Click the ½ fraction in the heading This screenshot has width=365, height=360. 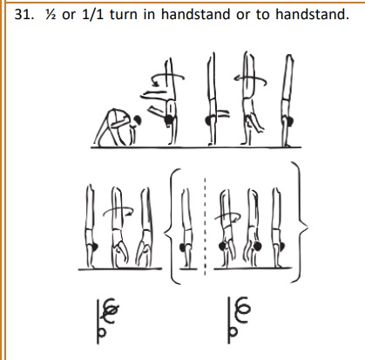[51, 14]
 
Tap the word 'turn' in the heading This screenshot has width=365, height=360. [124, 15]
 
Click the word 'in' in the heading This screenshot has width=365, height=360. [149, 14]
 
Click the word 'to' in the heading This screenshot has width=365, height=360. [262, 15]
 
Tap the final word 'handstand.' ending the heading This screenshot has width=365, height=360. [312, 14]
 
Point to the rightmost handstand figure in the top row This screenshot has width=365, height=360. [287, 100]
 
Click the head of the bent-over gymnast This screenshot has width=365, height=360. [138, 119]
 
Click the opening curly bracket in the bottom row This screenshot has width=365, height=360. [172, 226]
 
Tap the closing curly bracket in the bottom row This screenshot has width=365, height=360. [300, 222]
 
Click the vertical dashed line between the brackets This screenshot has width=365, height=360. [206, 227]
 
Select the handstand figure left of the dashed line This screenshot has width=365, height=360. [186, 228]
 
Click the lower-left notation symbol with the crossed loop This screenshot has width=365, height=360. [106, 321]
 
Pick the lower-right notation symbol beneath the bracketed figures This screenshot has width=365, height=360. [238, 320]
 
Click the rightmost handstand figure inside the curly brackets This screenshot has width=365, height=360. [278, 228]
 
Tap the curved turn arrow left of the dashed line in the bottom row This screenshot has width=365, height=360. [118, 212]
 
